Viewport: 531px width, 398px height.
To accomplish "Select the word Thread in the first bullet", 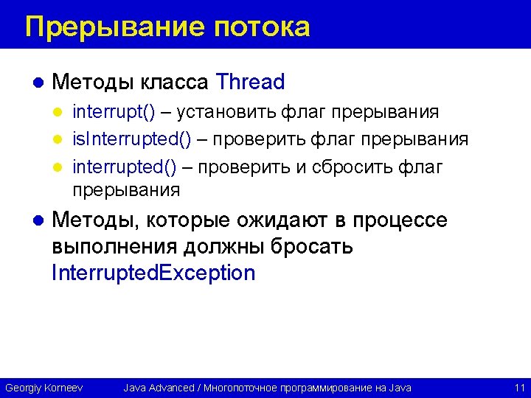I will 251,82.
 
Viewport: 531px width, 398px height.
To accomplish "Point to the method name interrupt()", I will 114,112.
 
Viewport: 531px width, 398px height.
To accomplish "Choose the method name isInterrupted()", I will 132,140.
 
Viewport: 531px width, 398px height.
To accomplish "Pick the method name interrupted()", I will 125,167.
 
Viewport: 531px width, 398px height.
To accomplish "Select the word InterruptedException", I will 153,273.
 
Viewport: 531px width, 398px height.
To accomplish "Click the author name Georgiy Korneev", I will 44,388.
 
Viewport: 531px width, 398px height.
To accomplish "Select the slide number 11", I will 518,388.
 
